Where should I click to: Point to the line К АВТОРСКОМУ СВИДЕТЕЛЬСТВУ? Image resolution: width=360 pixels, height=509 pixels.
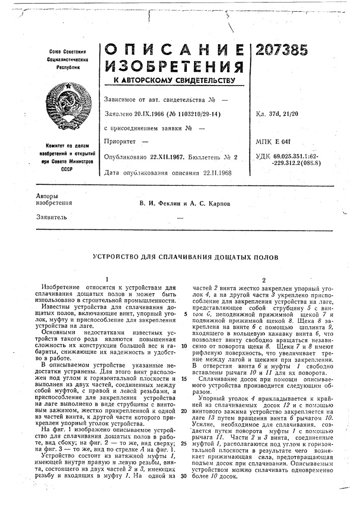point(170,80)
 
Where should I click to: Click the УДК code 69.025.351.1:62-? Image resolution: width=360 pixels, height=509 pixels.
point(296,157)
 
